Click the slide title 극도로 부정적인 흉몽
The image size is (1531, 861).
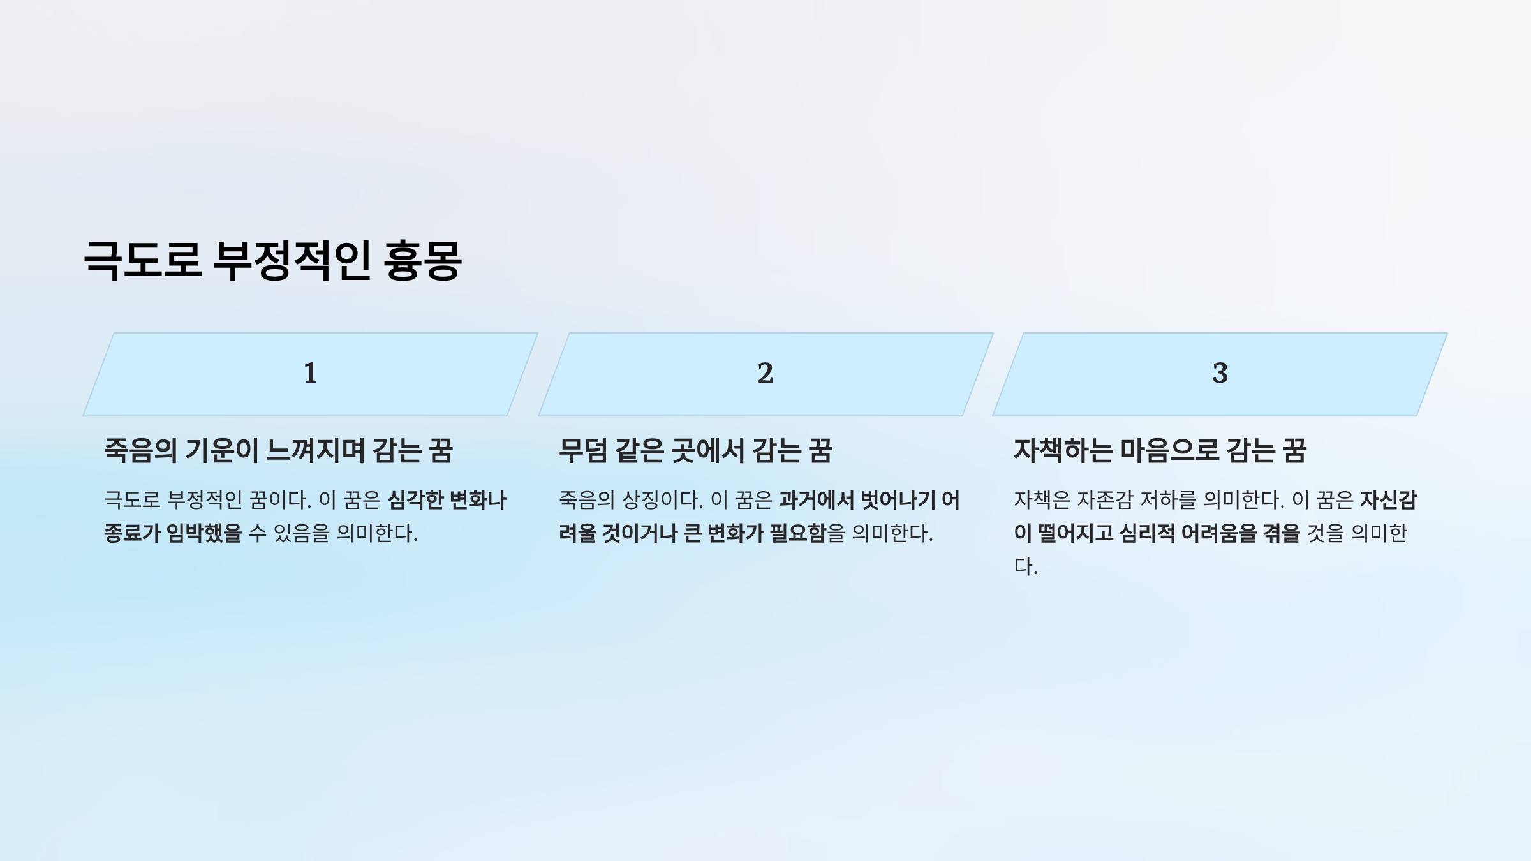tap(272, 260)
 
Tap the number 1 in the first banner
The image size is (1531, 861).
tap(311, 373)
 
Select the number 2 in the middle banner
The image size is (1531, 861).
tap(765, 373)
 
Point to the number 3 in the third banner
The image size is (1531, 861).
tap(1220, 373)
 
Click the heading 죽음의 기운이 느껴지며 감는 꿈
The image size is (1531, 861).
tap(279, 450)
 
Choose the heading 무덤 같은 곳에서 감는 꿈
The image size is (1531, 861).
tap(696, 450)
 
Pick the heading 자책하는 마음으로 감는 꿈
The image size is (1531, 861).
tap(1160, 450)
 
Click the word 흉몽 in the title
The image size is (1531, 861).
tap(422, 260)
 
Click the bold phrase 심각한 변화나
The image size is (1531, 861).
tap(447, 499)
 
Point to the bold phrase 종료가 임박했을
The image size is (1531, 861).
tap(173, 533)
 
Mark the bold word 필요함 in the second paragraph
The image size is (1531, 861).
tap(798, 533)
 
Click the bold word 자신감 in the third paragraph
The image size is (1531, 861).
tap(1389, 499)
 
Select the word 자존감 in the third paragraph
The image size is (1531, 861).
tap(1105, 499)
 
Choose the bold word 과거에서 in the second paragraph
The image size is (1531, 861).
tap(817, 499)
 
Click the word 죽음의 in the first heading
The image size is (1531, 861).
tap(140, 450)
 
